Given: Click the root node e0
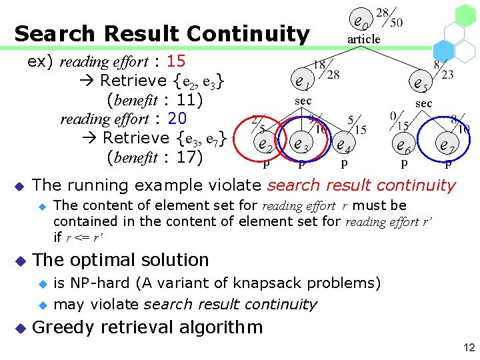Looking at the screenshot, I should tap(361, 23).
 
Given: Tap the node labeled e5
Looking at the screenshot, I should tap(421, 84).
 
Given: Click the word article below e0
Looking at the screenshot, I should tap(363, 39).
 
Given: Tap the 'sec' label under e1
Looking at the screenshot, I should tap(303, 100).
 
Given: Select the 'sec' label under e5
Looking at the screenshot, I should tap(423, 103).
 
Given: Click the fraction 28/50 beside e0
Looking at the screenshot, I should tap(389, 18).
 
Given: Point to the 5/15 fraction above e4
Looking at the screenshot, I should tap(355, 125).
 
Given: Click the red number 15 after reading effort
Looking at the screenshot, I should tap(176, 61).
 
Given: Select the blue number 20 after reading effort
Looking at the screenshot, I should tap(177, 119).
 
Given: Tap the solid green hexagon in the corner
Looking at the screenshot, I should tap(465, 15).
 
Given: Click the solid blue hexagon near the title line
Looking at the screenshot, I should tap(444, 49).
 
